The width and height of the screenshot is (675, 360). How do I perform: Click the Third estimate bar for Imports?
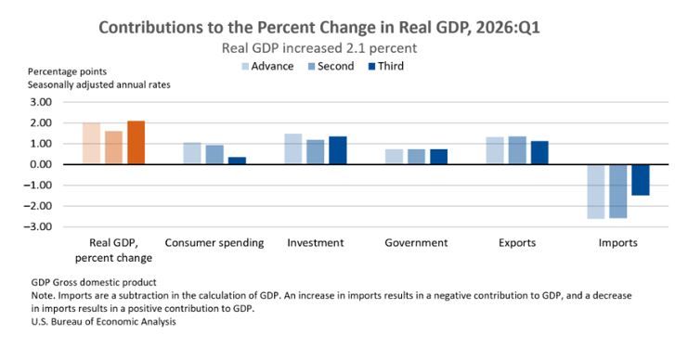[640, 180]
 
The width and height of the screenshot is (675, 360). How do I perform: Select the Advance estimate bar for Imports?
[595, 191]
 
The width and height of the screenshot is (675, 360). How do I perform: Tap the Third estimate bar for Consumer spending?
[237, 161]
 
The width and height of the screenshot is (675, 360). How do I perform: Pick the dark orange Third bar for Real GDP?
[136, 142]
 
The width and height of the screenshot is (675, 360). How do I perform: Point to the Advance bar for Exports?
[495, 150]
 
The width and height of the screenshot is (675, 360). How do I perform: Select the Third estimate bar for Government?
[438, 157]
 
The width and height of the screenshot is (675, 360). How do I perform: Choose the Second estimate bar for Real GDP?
[113, 148]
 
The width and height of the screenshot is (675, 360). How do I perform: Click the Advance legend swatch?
[245, 67]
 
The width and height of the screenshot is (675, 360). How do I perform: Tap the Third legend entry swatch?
[372, 67]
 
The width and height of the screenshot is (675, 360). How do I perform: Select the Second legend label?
[336, 66]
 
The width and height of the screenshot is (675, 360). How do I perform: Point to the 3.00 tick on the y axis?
[41, 102]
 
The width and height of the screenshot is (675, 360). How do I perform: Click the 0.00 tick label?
[41, 164]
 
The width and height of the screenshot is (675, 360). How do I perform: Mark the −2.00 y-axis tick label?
[37, 206]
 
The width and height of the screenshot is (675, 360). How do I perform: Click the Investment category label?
[316, 242]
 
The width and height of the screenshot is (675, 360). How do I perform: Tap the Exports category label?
[517, 242]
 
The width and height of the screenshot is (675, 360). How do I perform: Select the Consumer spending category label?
[214, 242]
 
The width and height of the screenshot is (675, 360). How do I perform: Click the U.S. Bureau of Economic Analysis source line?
[103, 322]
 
